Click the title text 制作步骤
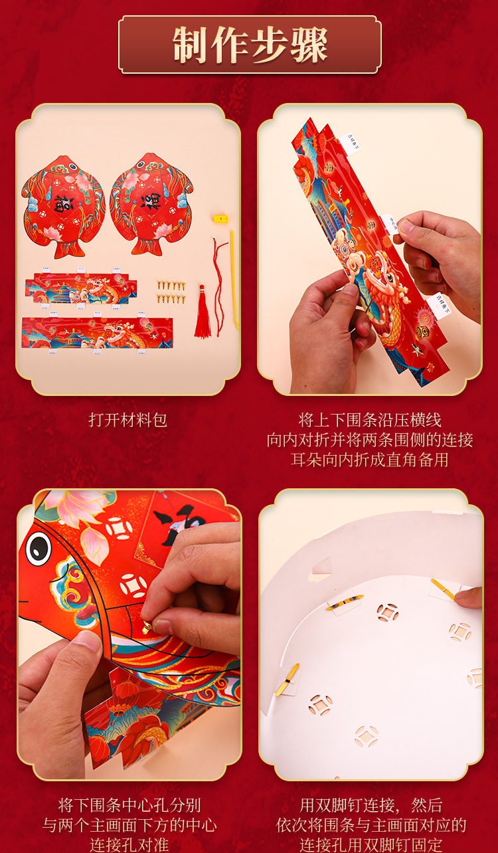(x=250, y=45)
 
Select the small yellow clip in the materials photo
(x=220, y=218)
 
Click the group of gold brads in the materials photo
(x=171, y=290)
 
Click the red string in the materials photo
(x=219, y=279)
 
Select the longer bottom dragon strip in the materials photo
(x=97, y=333)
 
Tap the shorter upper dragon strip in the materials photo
(x=80, y=289)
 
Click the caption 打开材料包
(x=128, y=420)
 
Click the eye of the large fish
(x=39, y=548)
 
